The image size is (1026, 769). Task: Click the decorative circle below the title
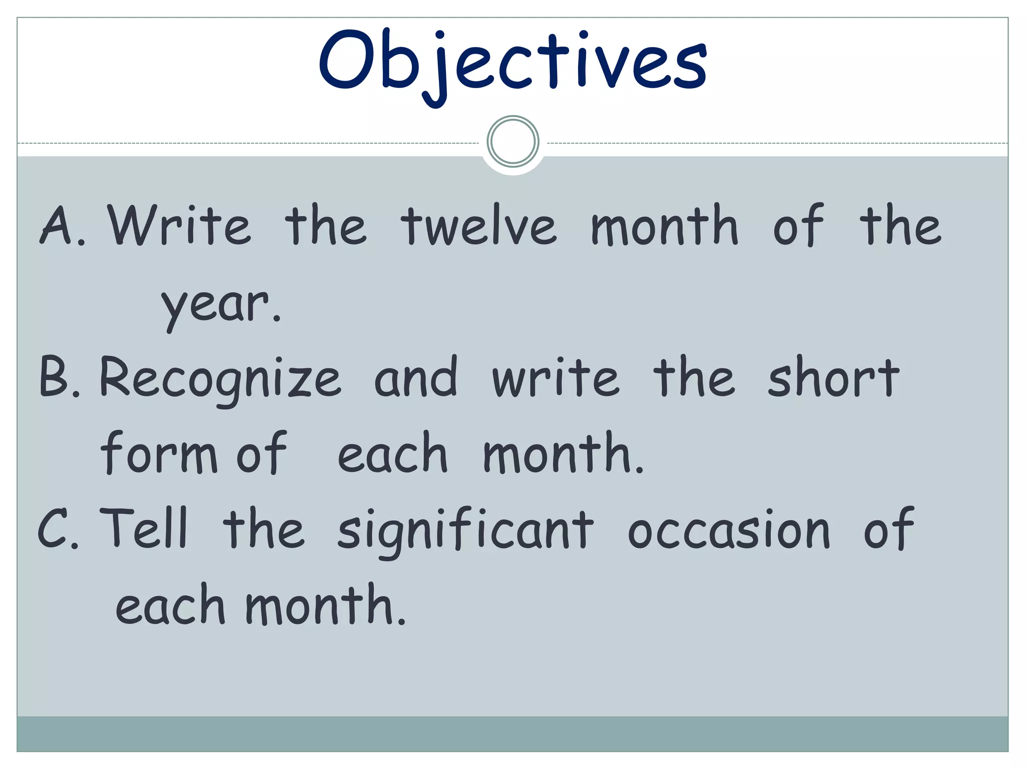[x=513, y=141]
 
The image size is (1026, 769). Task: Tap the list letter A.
[x=58, y=226]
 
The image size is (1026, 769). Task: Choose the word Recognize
[x=220, y=378]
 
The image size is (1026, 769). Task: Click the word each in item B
[x=392, y=453]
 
